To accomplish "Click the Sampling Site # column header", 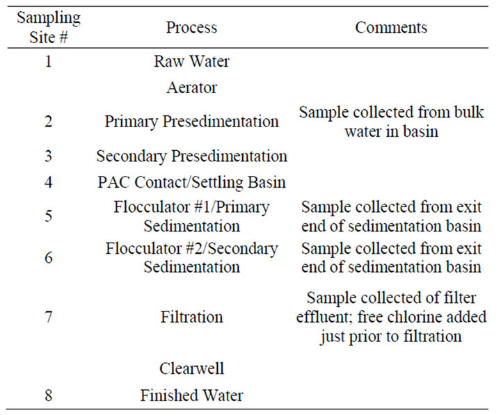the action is tap(49, 27).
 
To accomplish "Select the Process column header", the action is tap(192, 27).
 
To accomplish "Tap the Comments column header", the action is tap(391, 27).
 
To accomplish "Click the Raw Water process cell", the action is tap(192, 61).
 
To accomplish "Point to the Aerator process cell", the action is tap(192, 88).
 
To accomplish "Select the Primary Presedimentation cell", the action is tap(192, 122).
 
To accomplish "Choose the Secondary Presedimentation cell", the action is tap(192, 156).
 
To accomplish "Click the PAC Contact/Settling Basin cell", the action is tap(192, 182).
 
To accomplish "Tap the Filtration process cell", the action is tap(192, 317).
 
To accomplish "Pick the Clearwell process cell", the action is tap(192, 368).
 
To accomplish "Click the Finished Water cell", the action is tap(192, 396).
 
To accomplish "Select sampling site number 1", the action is tap(49, 61).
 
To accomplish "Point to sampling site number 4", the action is tap(49, 182).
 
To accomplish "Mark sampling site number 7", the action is tap(49, 317).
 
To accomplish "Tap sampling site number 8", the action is tap(49, 396).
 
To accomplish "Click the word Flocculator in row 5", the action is tap(149, 207).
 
